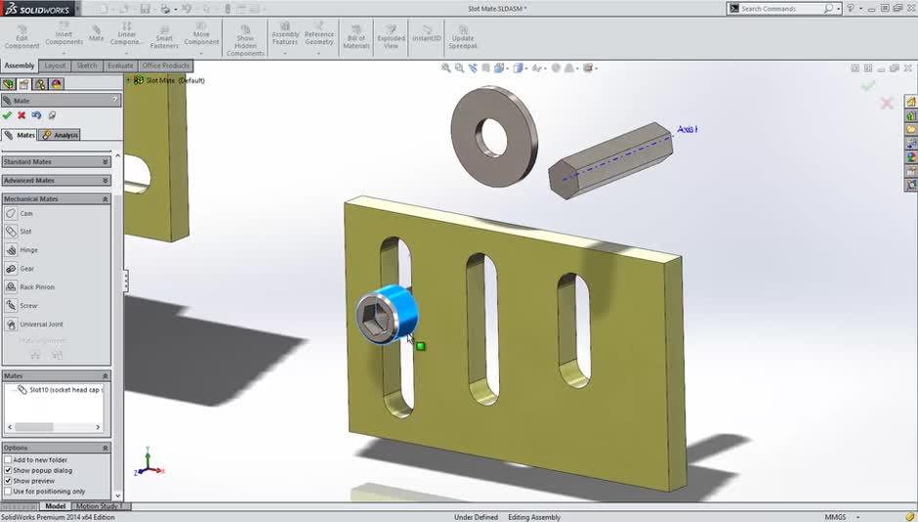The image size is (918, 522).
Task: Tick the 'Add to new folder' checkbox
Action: [x=8, y=459]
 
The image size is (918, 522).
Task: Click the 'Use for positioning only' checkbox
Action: [x=8, y=492]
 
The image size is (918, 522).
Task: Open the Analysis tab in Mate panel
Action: [x=61, y=135]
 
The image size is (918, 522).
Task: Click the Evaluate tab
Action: [x=120, y=65]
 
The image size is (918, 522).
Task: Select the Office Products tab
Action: [x=165, y=65]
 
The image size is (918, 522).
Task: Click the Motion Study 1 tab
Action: [x=97, y=506]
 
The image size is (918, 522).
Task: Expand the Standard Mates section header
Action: [x=55, y=162]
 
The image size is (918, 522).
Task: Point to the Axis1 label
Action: [x=687, y=129]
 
